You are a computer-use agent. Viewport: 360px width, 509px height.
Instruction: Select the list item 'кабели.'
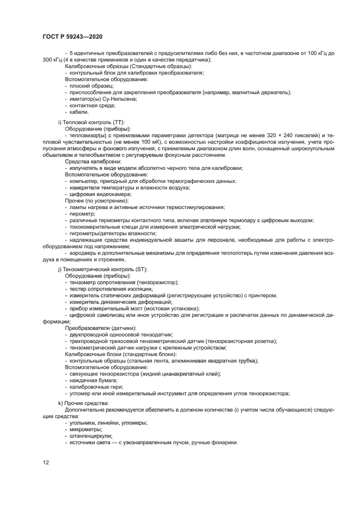[79, 112]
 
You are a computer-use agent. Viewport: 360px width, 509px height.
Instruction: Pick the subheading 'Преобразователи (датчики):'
[101, 328]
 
